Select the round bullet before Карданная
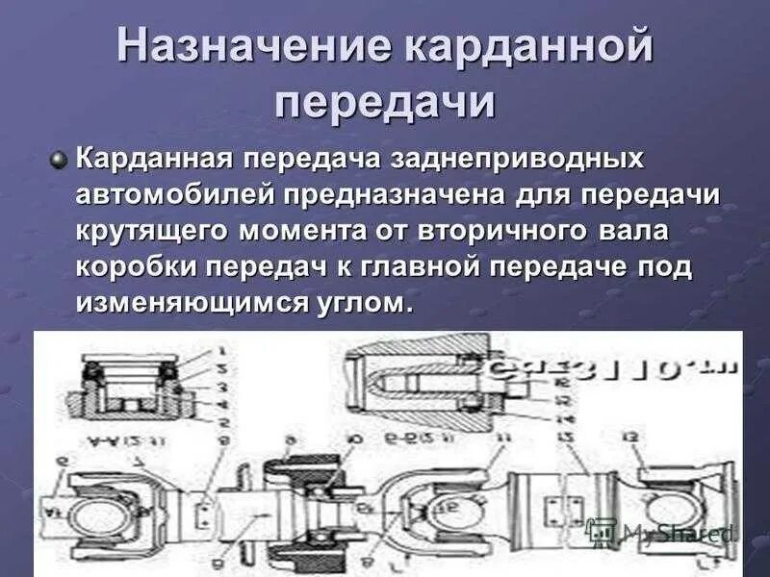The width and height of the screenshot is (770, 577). click(60, 159)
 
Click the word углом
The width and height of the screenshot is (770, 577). click(370, 303)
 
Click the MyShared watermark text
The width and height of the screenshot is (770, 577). click(678, 533)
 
